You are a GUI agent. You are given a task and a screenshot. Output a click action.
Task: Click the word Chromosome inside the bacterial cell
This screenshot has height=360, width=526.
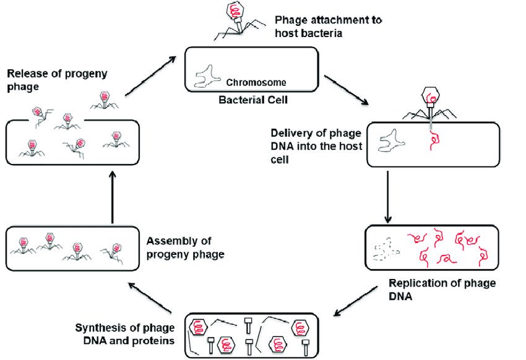click(256, 82)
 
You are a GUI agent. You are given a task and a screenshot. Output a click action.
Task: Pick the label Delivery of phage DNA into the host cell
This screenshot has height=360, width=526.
click(315, 146)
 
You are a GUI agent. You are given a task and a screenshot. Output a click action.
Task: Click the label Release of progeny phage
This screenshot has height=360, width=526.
click(57, 80)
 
